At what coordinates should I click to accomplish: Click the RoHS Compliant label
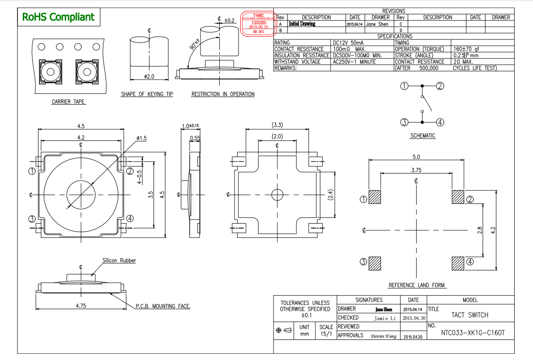pos(59,17)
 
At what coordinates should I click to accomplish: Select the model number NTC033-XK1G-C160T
pos(473,333)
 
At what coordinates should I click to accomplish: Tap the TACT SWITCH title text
pos(469,315)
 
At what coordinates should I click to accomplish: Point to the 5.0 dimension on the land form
pos(416,157)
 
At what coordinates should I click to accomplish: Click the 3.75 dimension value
pos(416,170)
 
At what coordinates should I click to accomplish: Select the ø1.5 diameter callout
pos(142,138)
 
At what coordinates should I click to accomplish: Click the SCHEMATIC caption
pos(422,136)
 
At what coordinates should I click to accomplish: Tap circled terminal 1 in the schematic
pos(404,86)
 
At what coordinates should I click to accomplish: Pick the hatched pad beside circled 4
pos(458,263)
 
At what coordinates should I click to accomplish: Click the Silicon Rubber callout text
pos(119,260)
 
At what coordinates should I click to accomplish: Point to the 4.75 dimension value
pos(81,305)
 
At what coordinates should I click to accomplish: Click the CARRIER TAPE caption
pos(68,102)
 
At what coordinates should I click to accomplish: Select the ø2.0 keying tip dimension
pos(149,76)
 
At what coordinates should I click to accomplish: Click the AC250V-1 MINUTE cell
pos(354,62)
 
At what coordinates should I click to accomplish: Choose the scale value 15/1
pos(325,334)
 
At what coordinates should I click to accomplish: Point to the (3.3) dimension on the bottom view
pos(277,124)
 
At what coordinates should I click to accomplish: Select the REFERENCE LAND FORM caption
pos(417,285)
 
